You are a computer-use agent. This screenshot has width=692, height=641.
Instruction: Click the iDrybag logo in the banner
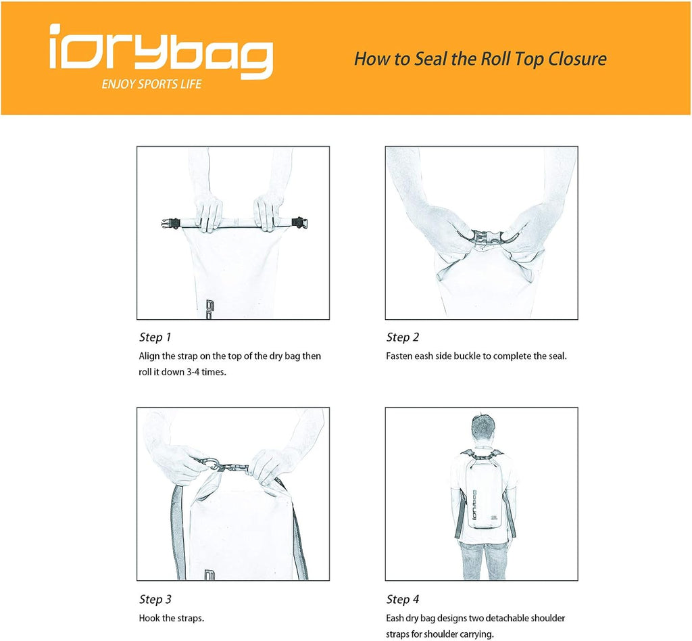click(x=161, y=51)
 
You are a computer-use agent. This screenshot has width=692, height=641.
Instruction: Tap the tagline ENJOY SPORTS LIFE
click(x=151, y=85)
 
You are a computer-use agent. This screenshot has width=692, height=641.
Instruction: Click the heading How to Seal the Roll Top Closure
click(x=480, y=59)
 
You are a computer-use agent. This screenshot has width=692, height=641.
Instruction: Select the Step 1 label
click(x=155, y=337)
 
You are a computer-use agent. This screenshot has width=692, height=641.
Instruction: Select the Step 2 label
click(x=403, y=337)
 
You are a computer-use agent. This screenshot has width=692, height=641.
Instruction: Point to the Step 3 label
click(x=155, y=599)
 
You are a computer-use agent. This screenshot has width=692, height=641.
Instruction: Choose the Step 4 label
click(x=403, y=599)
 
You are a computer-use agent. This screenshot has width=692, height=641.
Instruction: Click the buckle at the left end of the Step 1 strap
click(x=171, y=223)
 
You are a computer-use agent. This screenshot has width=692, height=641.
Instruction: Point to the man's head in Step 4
click(x=483, y=427)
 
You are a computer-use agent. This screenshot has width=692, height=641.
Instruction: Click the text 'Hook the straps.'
click(x=171, y=618)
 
